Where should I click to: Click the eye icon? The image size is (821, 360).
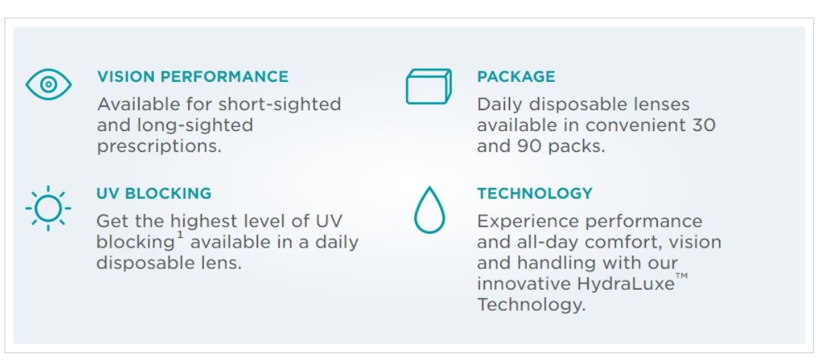click(x=49, y=84)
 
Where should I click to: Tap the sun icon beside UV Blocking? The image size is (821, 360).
click(x=48, y=208)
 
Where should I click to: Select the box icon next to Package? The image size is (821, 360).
click(x=429, y=86)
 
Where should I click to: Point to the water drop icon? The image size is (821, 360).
click(x=430, y=209)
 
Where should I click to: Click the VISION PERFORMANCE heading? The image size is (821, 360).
click(x=193, y=76)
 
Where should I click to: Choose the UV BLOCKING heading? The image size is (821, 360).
click(x=154, y=193)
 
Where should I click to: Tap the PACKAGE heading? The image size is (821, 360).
click(x=516, y=76)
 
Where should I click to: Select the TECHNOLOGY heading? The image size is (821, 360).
click(x=534, y=193)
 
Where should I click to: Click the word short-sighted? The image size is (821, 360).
click(x=280, y=105)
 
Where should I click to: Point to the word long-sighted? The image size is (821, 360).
click(x=195, y=126)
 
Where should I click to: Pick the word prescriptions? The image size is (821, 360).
click(x=159, y=146)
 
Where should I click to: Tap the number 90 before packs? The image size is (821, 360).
click(x=530, y=146)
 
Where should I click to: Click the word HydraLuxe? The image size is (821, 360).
click(x=626, y=284)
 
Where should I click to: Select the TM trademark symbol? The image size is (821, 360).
click(x=682, y=276)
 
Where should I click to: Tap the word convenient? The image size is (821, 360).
click(x=635, y=126)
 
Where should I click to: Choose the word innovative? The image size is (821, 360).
click(x=524, y=284)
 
